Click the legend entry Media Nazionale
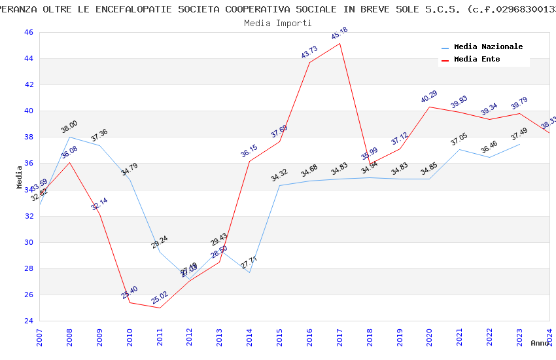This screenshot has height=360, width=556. (x=488, y=47)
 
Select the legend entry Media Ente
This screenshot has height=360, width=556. (x=477, y=60)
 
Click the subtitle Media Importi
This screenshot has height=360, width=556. (x=278, y=23)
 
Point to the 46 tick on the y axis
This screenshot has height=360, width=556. (x=28, y=32)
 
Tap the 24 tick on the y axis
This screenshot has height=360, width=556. (x=28, y=321)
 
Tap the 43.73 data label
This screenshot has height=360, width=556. (x=309, y=52)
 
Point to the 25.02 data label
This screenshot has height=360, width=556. (x=159, y=296)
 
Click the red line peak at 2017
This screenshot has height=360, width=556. (x=339, y=43)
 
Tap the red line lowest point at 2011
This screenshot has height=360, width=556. (x=160, y=308)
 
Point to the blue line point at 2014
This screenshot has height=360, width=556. (x=249, y=272)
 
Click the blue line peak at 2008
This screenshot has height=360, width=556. (x=69, y=137)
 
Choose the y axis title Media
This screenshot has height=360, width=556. (x=20, y=177)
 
